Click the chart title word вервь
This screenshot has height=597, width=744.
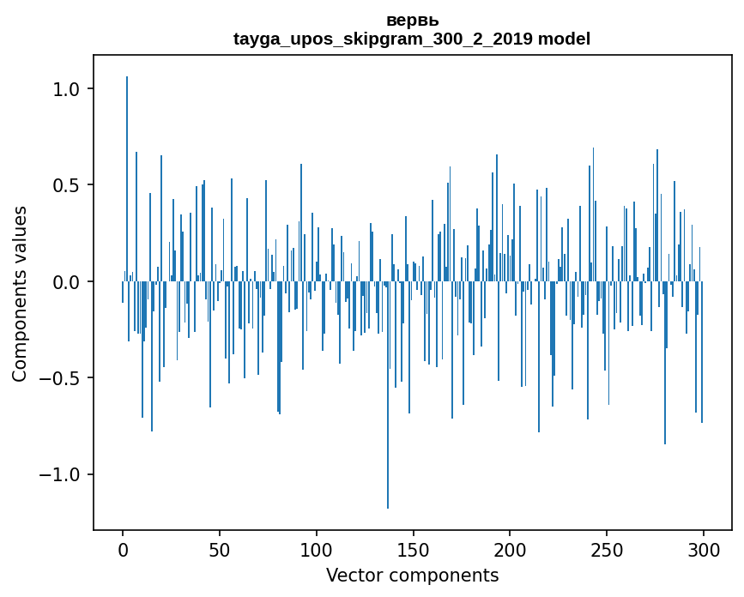coord(412,21)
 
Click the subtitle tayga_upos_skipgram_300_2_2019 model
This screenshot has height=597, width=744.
coord(412,39)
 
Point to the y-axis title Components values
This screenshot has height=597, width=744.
coord(20,293)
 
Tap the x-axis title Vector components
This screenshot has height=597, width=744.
coord(412,575)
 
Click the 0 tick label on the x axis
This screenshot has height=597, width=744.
coord(123,549)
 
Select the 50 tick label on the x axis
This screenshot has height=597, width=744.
coord(220,549)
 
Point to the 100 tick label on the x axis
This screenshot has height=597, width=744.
coord(317,549)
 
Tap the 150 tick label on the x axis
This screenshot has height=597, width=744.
coord(413,549)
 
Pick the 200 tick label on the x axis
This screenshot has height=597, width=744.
coord(510,549)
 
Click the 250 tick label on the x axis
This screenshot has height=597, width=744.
coord(607,549)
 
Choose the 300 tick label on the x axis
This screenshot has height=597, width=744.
coord(704,549)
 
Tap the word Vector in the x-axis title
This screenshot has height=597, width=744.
coord(353,575)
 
